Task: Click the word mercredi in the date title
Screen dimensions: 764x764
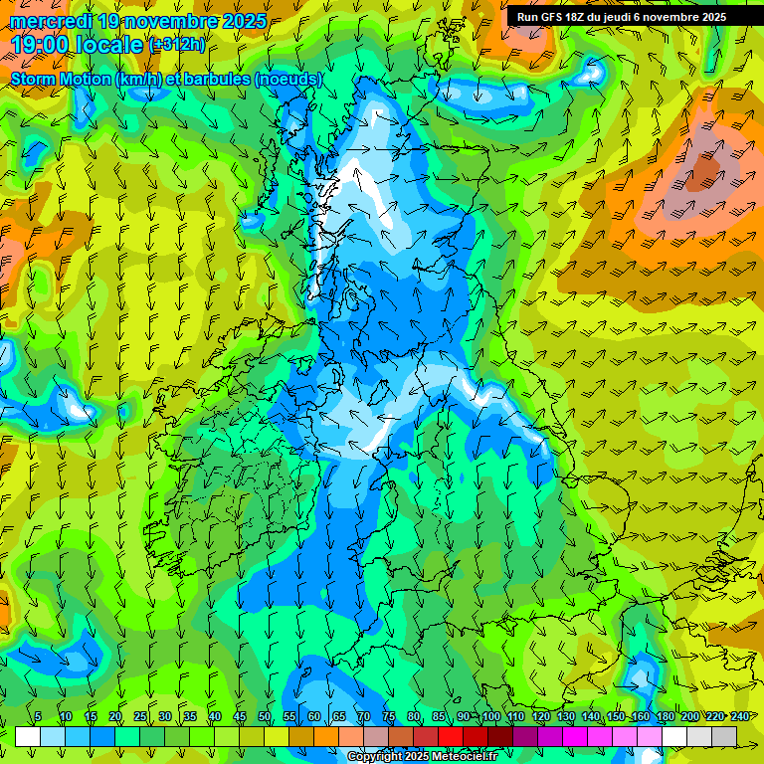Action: [51, 20]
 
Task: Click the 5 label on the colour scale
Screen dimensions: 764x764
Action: [38, 717]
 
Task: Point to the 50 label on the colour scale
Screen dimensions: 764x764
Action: [265, 717]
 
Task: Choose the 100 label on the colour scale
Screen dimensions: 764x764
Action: [490, 717]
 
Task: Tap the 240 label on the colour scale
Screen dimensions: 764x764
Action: [739, 717]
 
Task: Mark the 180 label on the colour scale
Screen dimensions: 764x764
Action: [665, 717]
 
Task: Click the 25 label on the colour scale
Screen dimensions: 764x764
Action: [140, 717]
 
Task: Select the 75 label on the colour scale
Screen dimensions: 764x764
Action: [389, 717]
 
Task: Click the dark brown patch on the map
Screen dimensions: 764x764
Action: [704, 171]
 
